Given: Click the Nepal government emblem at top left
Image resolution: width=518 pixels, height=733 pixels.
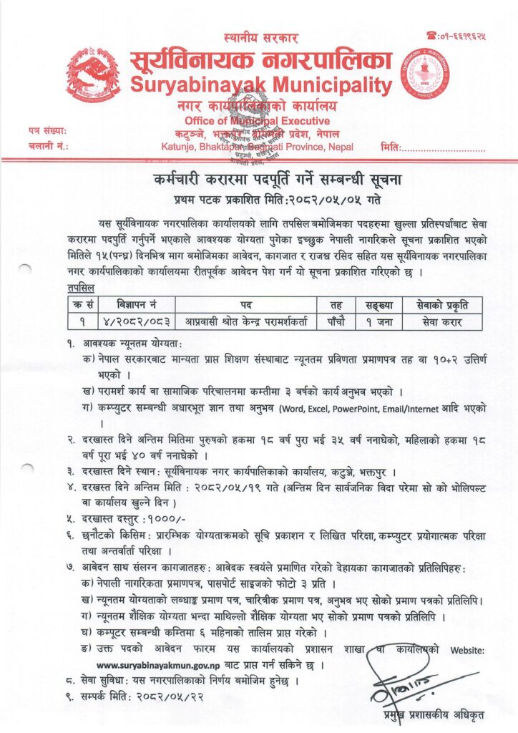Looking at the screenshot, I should pos(92,74).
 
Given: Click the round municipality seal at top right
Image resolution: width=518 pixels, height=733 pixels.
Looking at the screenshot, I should pos(425,73).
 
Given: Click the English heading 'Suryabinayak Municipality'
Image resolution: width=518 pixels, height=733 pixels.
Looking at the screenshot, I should pos(262,86).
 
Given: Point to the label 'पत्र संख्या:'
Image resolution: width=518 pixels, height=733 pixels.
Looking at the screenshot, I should pos(48,131).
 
